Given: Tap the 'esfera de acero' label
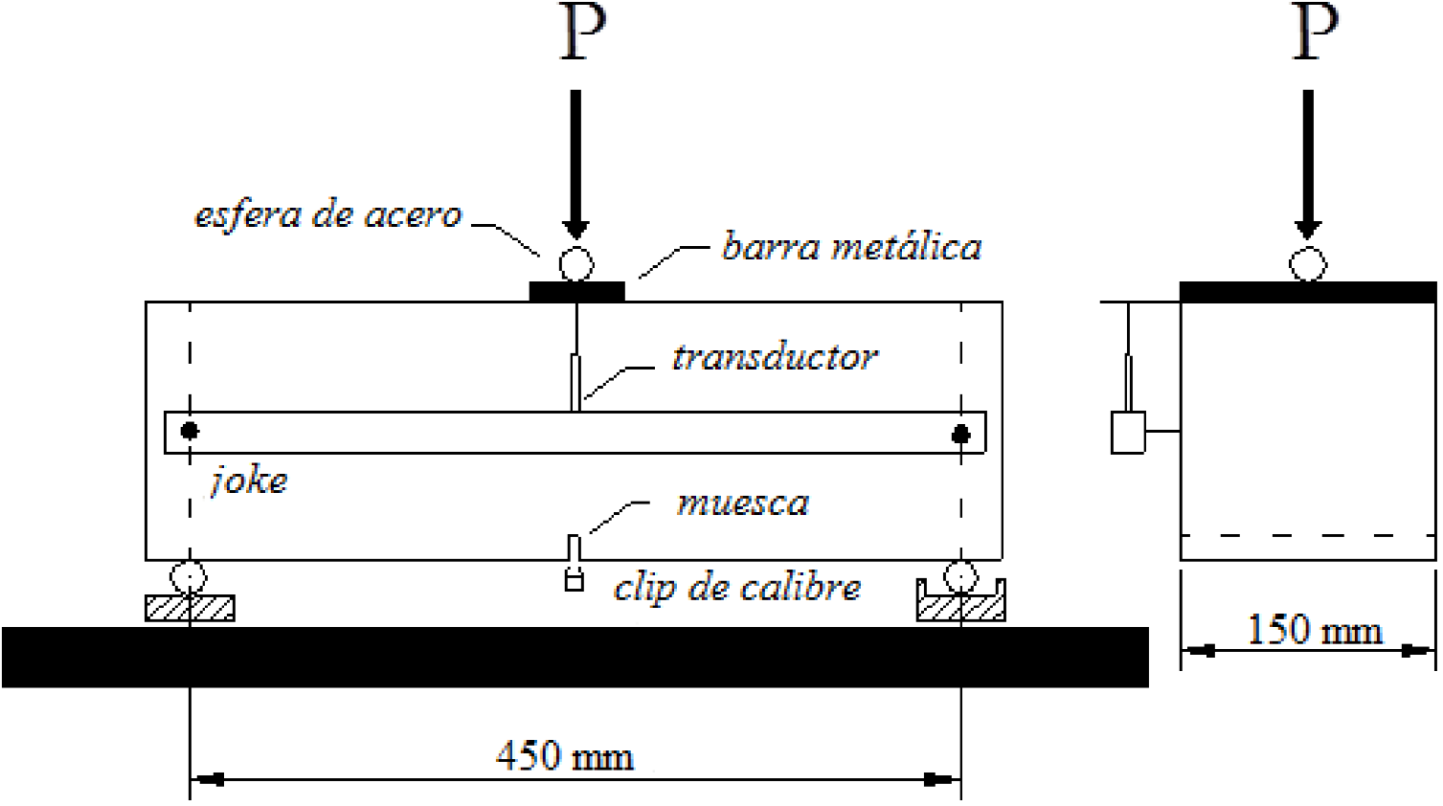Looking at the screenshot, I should click(328, 215).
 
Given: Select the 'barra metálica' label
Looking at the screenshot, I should click(851, 248).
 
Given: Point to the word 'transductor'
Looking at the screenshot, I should click(774, 358).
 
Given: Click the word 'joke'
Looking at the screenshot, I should click(249, 480).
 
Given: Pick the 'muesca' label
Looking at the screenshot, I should click(743, 504).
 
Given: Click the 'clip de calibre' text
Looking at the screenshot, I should click(737, 587).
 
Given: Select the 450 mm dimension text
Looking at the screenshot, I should click(565, 757).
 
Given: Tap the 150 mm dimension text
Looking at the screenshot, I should click(1315, 631).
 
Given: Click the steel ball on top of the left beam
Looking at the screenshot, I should click(575, 264).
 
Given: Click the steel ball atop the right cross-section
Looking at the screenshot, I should click(1308, 264).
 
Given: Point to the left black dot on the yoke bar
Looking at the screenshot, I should click(190, 432).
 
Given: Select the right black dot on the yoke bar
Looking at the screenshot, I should click(960, 435).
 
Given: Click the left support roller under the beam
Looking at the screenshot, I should click(188, 577).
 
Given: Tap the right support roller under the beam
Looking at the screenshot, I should click(960, 576).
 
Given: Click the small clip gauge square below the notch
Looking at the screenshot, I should click(574, 581).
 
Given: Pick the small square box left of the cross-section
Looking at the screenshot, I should click(1128, 432).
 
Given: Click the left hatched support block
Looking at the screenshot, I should click(190, 608).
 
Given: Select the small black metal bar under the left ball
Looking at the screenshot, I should click(576, 291).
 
